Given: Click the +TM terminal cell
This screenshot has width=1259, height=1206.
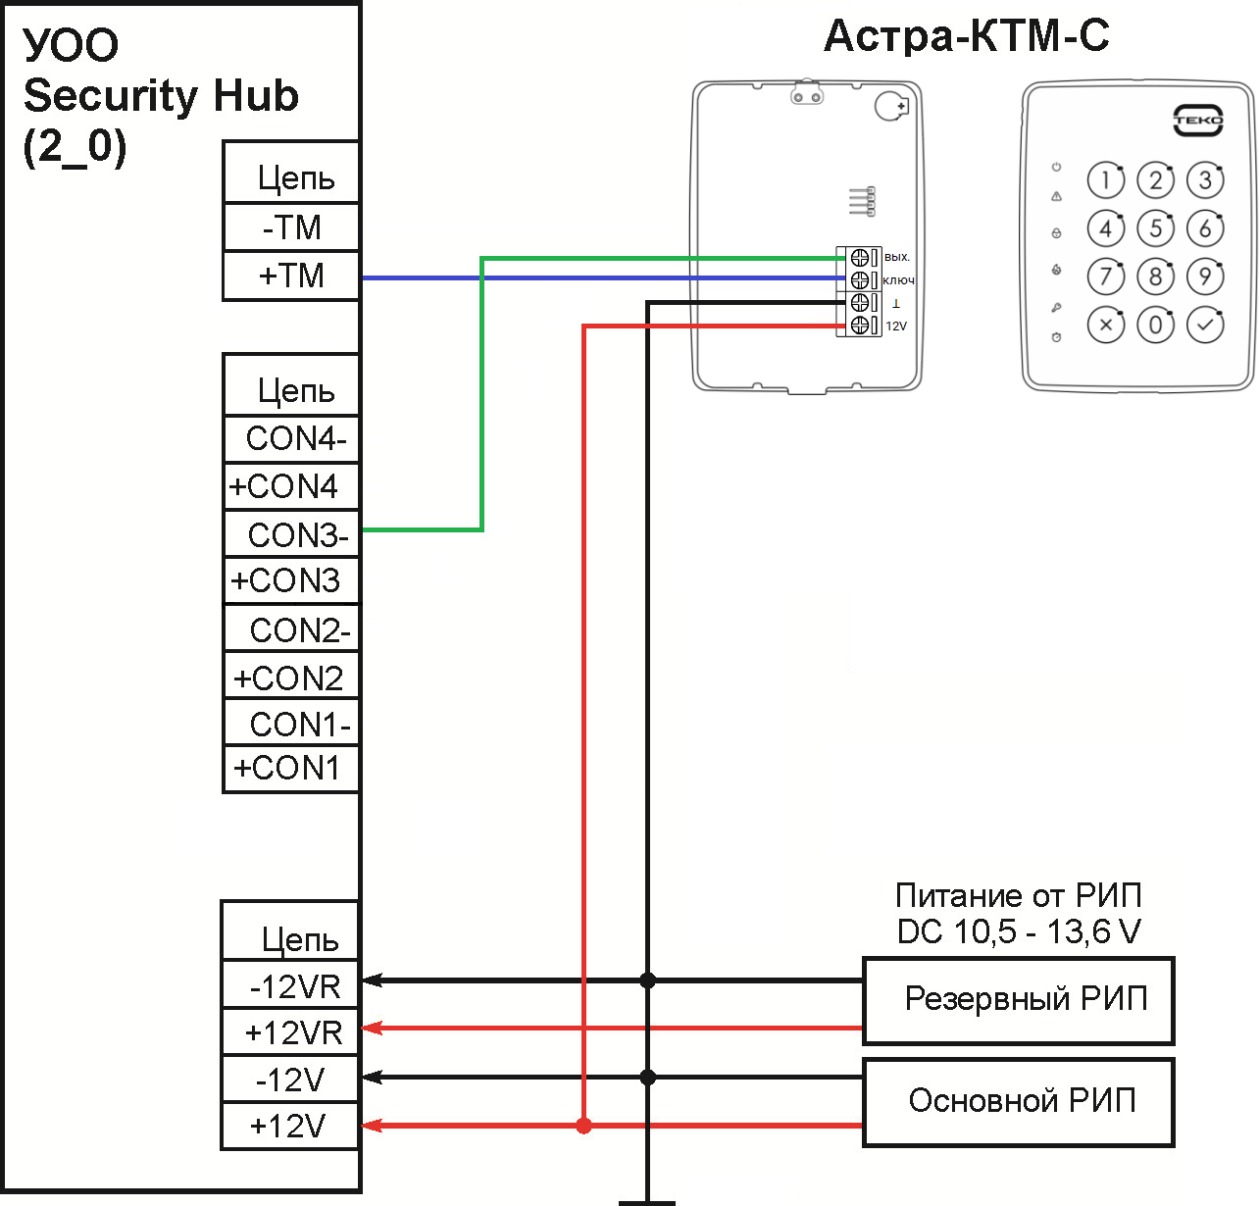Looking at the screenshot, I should click(291, 276).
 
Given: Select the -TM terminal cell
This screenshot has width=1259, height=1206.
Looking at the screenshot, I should click(291, 227).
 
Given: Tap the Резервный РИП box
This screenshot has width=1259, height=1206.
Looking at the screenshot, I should click(1018, 1000).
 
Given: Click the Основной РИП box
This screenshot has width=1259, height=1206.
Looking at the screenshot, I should click(1018, 1101).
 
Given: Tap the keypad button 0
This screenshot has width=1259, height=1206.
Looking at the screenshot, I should click(1156, 325).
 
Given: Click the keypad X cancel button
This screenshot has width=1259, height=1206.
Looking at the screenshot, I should click(1106, 325).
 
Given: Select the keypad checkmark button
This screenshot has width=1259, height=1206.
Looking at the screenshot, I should click(1205, 325).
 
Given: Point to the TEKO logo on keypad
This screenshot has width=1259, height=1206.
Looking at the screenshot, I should click(1198, 121).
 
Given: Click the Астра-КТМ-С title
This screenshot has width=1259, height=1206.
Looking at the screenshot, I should click(966, 36).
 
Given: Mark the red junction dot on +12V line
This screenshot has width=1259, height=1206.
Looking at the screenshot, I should click(584, 1126).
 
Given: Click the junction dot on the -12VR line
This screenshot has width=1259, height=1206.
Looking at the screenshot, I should click(647, 980).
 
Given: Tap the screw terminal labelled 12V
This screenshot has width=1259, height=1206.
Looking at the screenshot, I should click(860, 326).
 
